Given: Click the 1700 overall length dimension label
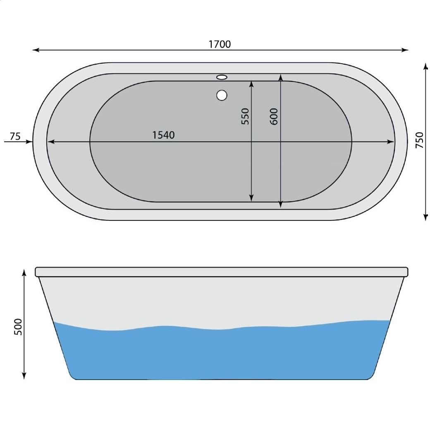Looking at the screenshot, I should [x=220, y=44].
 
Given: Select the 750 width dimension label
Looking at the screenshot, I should [x=419, y=140].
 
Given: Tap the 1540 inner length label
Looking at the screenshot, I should [x=164, y=135].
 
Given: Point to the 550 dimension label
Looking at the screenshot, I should [x=246, y=117].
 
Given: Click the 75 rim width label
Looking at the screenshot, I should [x=15, y=136].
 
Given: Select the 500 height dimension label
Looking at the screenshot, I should [x=18, y=327].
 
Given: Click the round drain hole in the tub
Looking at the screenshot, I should [x=222, y=96].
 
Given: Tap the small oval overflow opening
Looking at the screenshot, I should [x=222, y=77].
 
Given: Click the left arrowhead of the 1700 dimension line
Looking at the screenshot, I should [x=36, y=50].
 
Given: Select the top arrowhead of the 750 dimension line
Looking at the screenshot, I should [x=425, y=66].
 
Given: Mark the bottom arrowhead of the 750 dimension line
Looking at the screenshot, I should [x=425, y=217].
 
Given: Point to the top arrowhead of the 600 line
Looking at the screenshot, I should [x=281, y=77].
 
